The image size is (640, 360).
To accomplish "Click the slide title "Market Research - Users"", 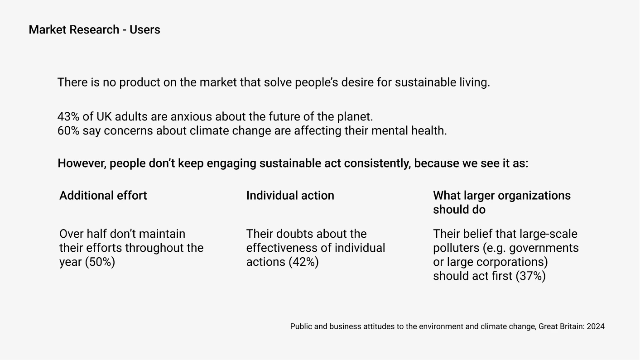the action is tap(94, 30).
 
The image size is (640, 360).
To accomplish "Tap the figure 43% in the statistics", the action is tap(68, 116).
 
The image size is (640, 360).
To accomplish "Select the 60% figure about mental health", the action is tap(68, 130).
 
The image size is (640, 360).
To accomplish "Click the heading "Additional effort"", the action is tap(103, 196).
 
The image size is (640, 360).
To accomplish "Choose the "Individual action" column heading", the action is tap(290, 196).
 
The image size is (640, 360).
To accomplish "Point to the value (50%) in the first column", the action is tap(100, 262).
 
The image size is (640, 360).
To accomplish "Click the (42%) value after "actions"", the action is tap(303, 262).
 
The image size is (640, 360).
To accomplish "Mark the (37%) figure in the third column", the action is tap(530, 276).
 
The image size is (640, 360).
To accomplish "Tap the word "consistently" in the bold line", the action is tap(377, 163).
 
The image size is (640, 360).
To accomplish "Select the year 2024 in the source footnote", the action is tap(596, 326).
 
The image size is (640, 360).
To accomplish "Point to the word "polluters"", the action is tap(456, 248).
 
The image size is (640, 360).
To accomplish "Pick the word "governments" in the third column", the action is tap(544, 248).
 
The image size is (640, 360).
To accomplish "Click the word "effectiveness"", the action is tap(289, 248).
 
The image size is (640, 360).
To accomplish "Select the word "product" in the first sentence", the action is tap(140, 82).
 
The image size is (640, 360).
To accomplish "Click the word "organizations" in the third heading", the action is tap(534, 196).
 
